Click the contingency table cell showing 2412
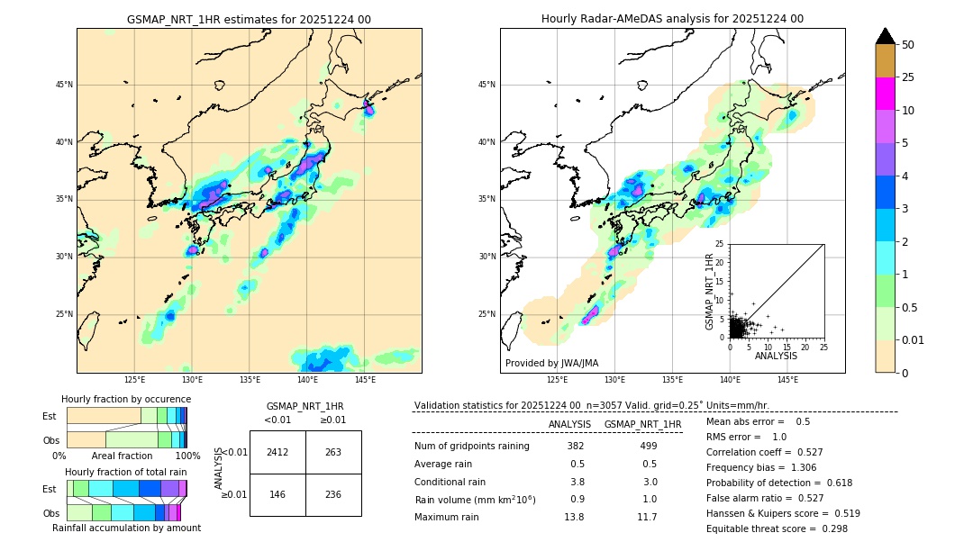pyautogui.click(x=277, y=452)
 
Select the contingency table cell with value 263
pyautogui.click(x=333, y=452)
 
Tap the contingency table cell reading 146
pyautogui.click(x=277, y=494)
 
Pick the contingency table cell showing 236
pyautogui.click(x=333, y=494)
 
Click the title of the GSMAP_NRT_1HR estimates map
pyautogui.click(x=249, y=20)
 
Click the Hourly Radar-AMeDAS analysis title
pyautogui.click(x=672, y=19)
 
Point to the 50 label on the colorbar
pyautogui.click(x=908, y=45)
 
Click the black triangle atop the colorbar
pyautogui.click(x=886, y=36)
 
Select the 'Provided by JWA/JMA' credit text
pyautogui.click(x=551, y=364)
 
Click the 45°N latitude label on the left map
pyautogui.click(x=64, y=85)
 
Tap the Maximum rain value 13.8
pyautogui.click(x=574, y=518)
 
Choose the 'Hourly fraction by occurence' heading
pyautogui.click(x=126, y=400)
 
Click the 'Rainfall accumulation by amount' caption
pyautogui.click(x=126, y=528)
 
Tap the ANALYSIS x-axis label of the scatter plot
pyautogui.click(x=776, y=357)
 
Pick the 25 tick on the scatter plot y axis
pyautogui.click(x=720, y=244)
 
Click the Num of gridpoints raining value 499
pyautogui.click(x=649, y=447)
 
